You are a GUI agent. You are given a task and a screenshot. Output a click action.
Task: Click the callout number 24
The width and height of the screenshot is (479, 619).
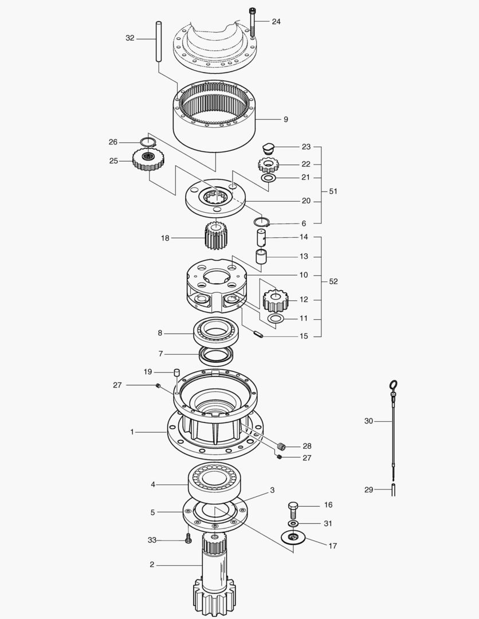click(276, 21)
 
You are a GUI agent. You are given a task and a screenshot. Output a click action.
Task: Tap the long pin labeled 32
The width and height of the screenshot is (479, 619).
click(159, 41)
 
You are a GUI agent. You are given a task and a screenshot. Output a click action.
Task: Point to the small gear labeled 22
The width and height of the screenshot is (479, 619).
click(268, 164)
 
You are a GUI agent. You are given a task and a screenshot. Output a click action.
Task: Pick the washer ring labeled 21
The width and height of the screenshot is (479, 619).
click(268, 178)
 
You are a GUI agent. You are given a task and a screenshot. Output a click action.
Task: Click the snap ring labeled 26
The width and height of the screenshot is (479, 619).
click(148, 142)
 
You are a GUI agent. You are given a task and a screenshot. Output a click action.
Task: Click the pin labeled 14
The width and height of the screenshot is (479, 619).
click(261, 237)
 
